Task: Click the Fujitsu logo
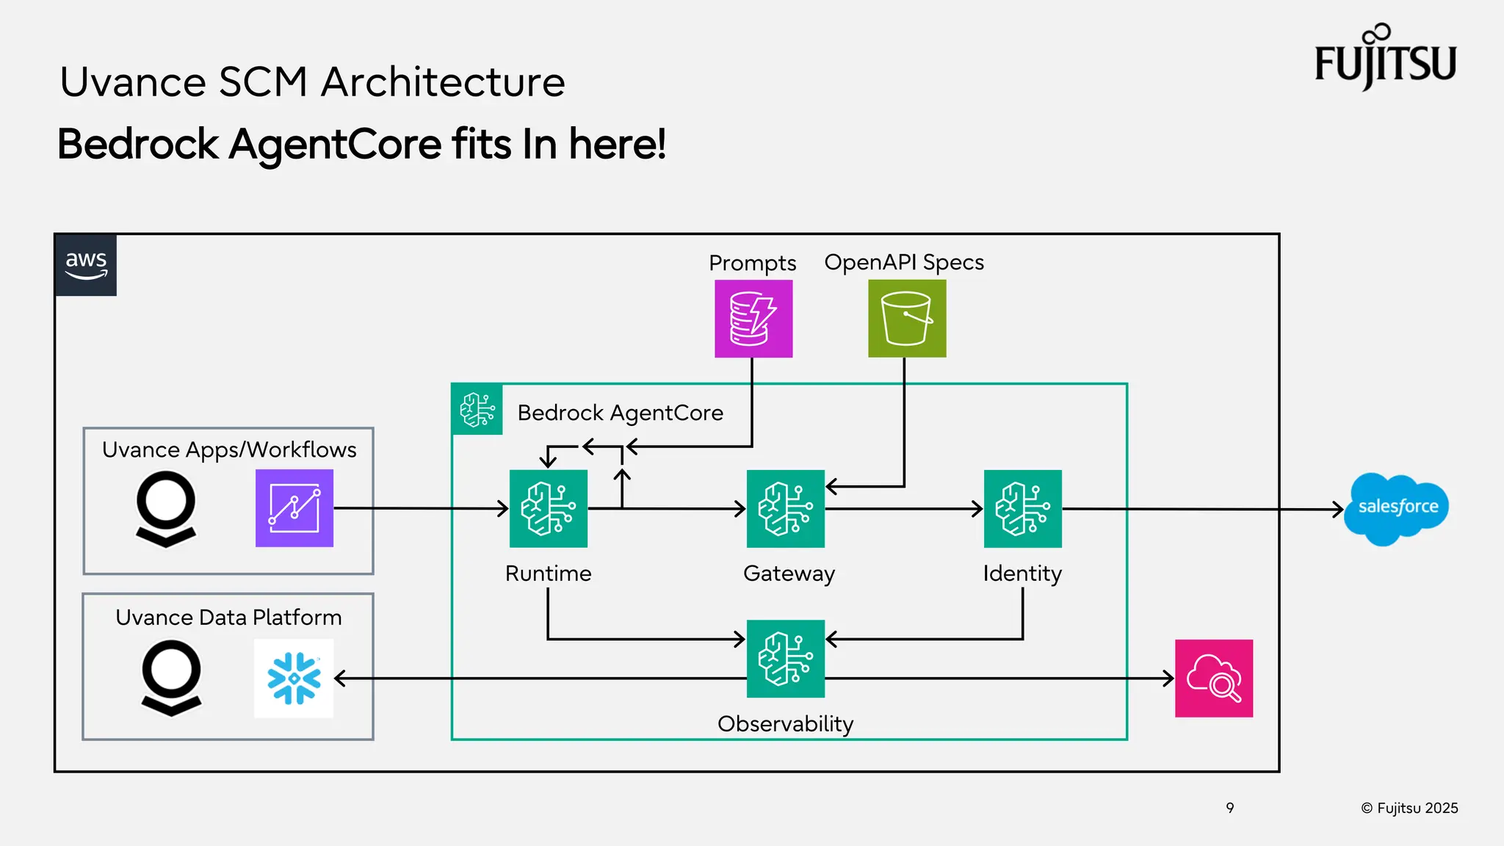click(1385, 59)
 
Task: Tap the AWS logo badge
click(86, 265)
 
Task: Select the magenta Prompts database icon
click(753, 319)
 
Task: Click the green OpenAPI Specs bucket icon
click(907, 319)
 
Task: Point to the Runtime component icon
click(549, 508)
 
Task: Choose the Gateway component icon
click(785, 508)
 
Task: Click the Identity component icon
click(1022, 508)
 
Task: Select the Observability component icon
click(785, 659)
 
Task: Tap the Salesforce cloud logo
click(1396, 508)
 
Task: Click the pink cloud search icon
click(1214, 678)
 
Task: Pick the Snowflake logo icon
click(294, 678)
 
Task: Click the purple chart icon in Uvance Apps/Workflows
click(294, 508)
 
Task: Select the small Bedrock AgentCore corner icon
click(477, 409)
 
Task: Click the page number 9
click(1230, 808)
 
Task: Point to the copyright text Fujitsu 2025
click(1409, 808)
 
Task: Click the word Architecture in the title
click(444, 82)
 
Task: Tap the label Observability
click(785, 724)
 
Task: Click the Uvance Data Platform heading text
click(228, 618)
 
